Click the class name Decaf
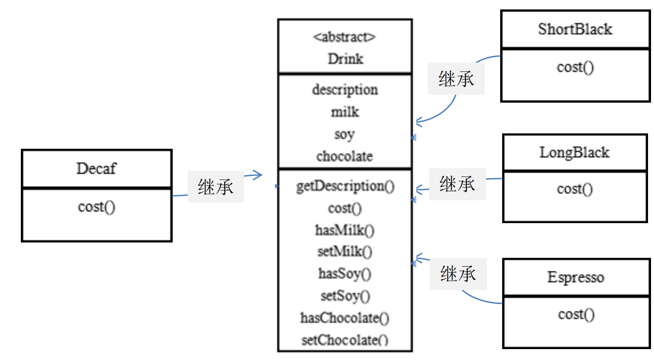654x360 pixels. click(x=96, y=169)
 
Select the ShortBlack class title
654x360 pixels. click(x=575, y=29)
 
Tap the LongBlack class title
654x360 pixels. click(x=574, y=152)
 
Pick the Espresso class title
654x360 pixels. click(x=576, y=277)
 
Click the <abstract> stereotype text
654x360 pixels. click(x=344, y=37)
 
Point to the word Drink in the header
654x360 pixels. click(x=345, y=59)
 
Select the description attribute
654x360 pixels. click(x=345, y=90)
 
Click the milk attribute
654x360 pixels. click(x=345, y=112)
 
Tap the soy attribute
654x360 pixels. click(x=344, y=134)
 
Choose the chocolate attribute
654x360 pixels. click(x=344, y=156)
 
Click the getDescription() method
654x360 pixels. click(x=345, y=186)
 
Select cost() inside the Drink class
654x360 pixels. click(x=345, y=208)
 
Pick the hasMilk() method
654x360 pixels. click(x=345, y=230)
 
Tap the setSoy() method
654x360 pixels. click(x=345, y=296)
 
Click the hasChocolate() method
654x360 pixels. click(x=345, y=318)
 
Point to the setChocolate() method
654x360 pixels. click(x=345, y=340)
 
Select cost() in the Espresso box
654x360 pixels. click(x=576, y=314)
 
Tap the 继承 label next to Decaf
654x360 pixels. click(x=215, y=187)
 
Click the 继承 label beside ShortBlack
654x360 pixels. click(x=456, y=79)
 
